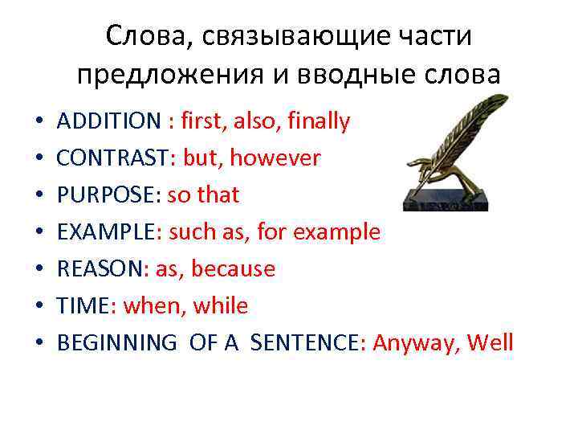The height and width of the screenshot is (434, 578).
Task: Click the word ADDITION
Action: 108,121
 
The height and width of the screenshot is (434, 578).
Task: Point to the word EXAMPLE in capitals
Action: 106,232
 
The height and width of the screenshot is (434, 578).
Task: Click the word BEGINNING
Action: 117,343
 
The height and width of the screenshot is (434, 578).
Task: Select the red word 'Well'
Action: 490,343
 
